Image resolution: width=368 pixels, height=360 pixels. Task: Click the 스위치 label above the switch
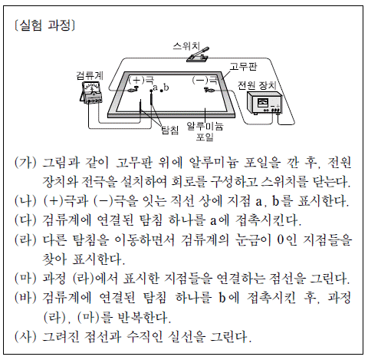pyautogui.click(x=186, y=46)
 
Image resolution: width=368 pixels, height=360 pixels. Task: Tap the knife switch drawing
pyautogui.click(x=198, y=54)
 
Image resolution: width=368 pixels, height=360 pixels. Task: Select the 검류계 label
pyautogui.click(x=90, y=75)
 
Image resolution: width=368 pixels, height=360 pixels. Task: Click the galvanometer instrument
pyautogui.click(x=91, y=93)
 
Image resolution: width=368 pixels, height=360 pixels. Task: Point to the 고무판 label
pyautogui.click(x=243, y=67)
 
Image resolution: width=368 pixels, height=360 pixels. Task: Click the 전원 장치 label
pyautogui.click(x=257, y=85)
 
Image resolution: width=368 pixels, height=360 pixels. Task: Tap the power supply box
pyautogui.click(x=264, y=103)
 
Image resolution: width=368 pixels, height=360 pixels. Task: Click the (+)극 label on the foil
pyautogui.click(x=141, y=80)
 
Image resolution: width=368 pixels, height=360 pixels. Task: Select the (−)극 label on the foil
pyautogui.click(x=205, y=80)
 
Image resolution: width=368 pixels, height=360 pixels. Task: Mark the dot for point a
pyautogui.click(x=151, y=91)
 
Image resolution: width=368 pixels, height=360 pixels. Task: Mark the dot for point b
pyautogui.click(x=161, y=91)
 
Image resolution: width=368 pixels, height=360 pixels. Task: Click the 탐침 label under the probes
pyautogui.click(x=169, y=130)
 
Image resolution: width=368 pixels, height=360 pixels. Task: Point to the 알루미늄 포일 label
pyautogui.click(x=205, y=131)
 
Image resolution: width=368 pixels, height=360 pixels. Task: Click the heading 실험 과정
pyautogui.click(x=45, y=25)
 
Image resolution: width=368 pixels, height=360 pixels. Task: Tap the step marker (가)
pyautogui.click(x=25, y=163)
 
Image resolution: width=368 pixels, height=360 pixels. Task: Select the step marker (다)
pyautogui.click(x=25, y=220)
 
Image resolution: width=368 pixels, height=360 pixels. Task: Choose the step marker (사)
pyautogui.click(x=25, y=336)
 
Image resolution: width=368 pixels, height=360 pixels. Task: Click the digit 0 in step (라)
pyautogui.click(x=281, y=239)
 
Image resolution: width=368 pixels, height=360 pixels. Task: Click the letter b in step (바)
pyautogui.click(x=222, y=297)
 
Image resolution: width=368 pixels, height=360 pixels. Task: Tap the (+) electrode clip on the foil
pyautogui.click(x=133, y=89)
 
